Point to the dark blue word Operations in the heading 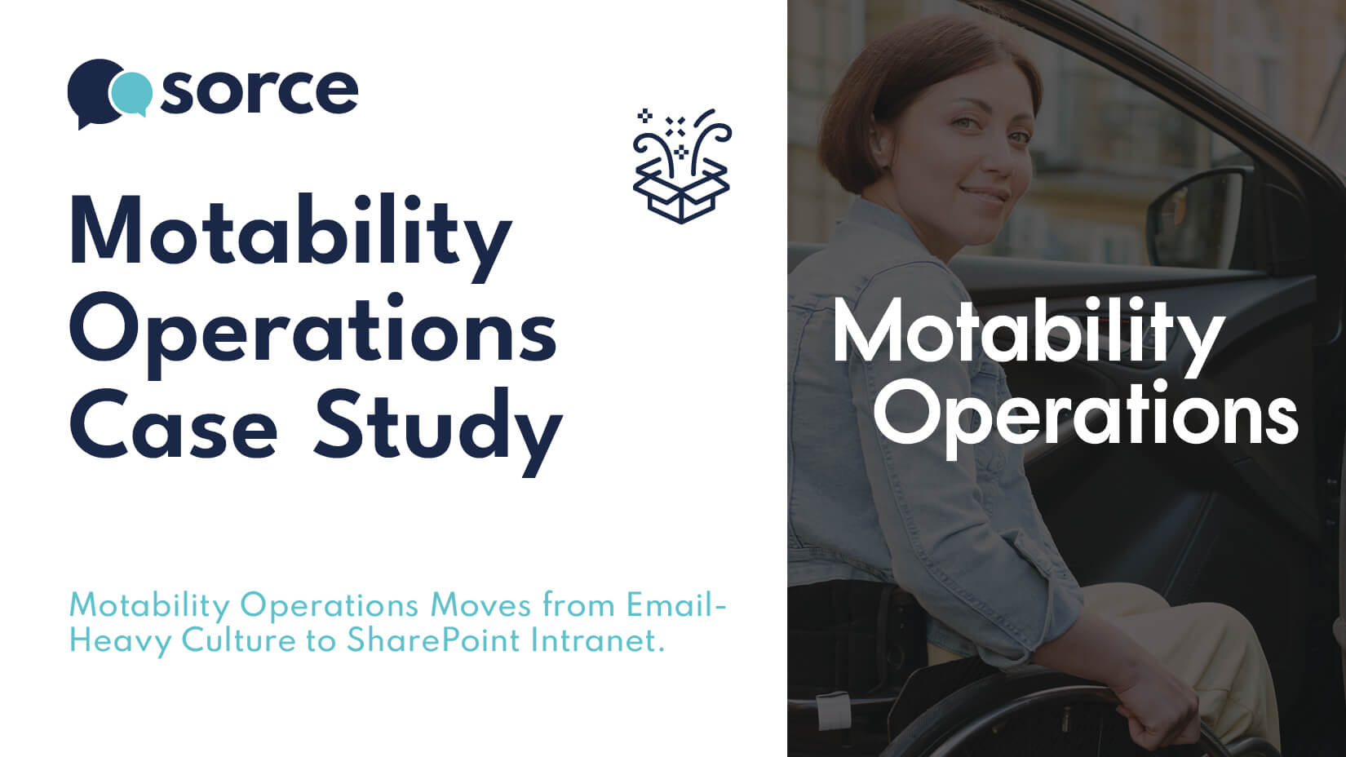point(312,333)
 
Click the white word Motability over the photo point(1027,334)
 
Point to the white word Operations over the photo point(1085,414)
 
